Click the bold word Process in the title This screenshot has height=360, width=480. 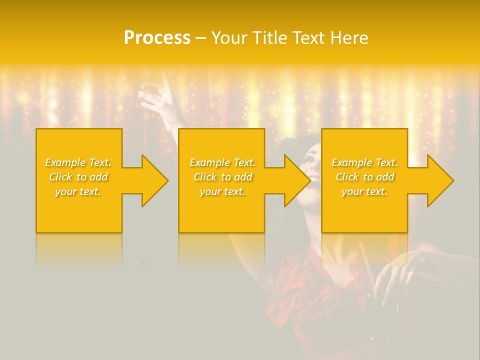click(157, 38)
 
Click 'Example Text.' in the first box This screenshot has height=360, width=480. click(78, 162)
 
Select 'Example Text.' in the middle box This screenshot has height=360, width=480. click(222, 162)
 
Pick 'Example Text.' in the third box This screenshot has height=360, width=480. click(364, 162)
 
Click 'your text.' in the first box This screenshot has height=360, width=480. click(78, 191)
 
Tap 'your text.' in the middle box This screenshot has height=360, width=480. click(222, 191)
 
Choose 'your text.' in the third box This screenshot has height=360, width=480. click(364, 191)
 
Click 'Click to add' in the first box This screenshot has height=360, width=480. click(78, 177)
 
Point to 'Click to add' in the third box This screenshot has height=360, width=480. click(364, 177)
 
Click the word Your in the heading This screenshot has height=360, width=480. click(229, 38)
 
